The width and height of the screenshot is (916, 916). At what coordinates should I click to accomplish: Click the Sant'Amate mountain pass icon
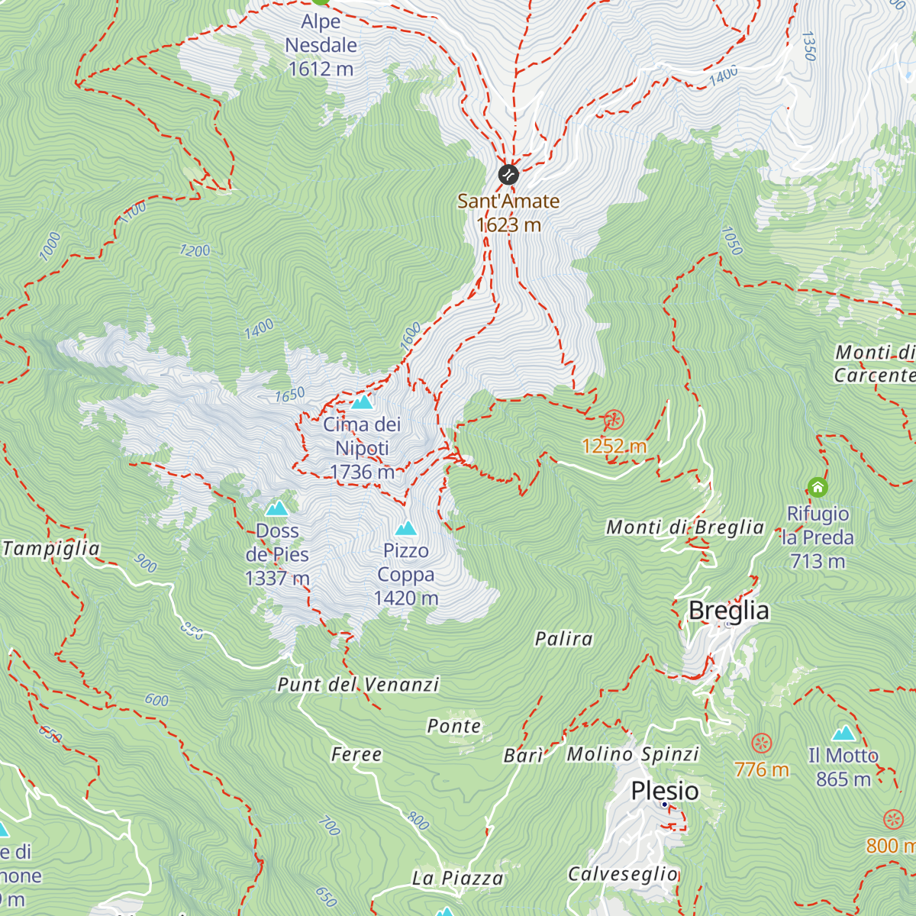coord(508,175)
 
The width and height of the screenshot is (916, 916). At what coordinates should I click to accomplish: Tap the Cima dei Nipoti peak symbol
coord(362,402)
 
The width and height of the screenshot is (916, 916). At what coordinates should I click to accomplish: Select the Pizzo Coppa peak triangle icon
coord(406,528)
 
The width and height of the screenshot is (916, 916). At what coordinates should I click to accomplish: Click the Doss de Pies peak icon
coord(276,508)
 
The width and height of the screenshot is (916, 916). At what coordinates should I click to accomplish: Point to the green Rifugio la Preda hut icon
coord(818,487)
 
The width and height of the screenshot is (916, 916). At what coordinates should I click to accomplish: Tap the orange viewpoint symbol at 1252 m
coord(614,420)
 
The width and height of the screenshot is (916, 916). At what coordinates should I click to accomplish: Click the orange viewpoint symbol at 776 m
coord(762,743)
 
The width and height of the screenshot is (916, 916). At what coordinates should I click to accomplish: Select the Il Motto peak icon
coord(843,734)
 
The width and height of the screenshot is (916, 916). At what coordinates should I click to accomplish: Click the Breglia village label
coord(729,611)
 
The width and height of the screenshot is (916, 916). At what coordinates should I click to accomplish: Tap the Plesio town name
coord(665,791)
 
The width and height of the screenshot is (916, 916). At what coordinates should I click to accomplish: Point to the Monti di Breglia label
coord(685,527)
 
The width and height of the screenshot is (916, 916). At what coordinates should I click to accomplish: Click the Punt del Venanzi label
coord(358,685)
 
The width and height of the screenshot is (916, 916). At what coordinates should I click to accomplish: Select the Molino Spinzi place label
coord(633,754)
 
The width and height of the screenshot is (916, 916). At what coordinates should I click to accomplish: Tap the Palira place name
coord(563,639)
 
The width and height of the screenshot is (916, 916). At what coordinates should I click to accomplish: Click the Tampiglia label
coord(50,549)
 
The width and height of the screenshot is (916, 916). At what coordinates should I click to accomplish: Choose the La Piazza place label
coord(457,879)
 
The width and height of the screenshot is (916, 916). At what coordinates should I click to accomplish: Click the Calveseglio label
coord(623,874)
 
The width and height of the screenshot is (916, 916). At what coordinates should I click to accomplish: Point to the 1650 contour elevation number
coord(290,395)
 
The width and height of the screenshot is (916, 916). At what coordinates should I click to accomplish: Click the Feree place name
coord(356,755)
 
